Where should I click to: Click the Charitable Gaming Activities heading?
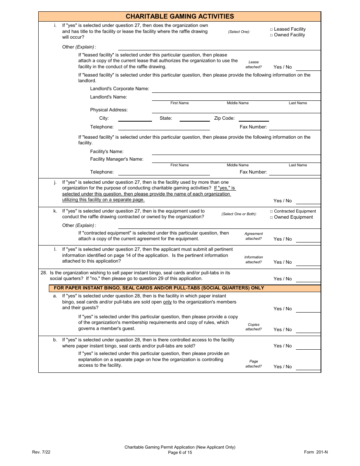point(180,16)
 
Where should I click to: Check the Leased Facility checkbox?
point(271,29)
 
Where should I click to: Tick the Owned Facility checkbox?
point(271,35)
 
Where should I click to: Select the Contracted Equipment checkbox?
point(271,211)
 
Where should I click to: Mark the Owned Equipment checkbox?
point(271,217)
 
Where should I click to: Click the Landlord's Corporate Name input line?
point(236,91)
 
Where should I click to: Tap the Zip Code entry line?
point(254,120)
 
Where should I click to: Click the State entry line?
point(194,120)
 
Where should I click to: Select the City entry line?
point(135,120)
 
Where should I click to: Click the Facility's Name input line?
point(236,153)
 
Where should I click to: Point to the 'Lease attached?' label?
point(254,64)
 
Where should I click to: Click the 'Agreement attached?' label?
point(254,236)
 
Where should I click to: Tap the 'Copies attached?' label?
point(254,327)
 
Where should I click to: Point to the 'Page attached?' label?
point(254,364)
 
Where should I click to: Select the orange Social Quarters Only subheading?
point(159,288)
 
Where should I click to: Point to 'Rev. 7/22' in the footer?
point(41,452)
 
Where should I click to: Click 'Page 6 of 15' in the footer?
point(180,452)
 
